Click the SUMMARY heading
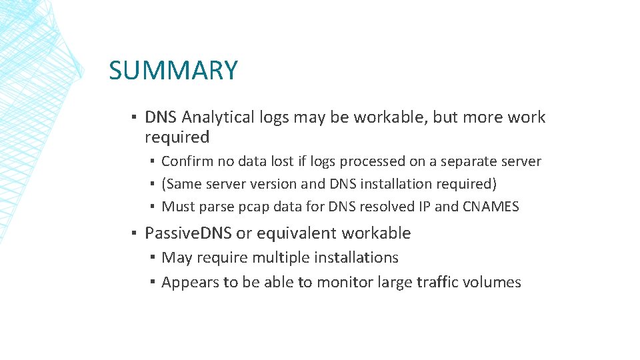tap(173, 70)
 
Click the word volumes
tap(495, 282)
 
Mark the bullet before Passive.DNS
tap(134, 233)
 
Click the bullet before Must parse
tap(153, 207)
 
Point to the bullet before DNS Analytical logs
tap(134, 117)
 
